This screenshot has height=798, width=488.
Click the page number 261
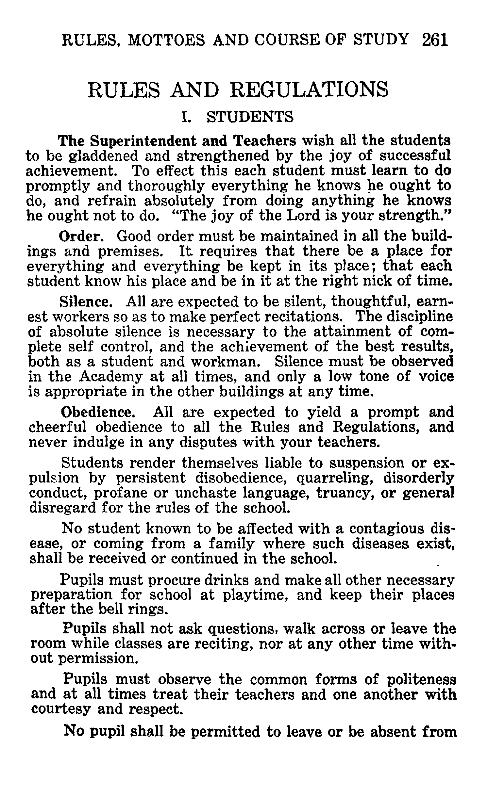click(x=435, y=40)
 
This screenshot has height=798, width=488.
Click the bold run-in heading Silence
click(x=86, y=302)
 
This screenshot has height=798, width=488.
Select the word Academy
click(x=111, y=377)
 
